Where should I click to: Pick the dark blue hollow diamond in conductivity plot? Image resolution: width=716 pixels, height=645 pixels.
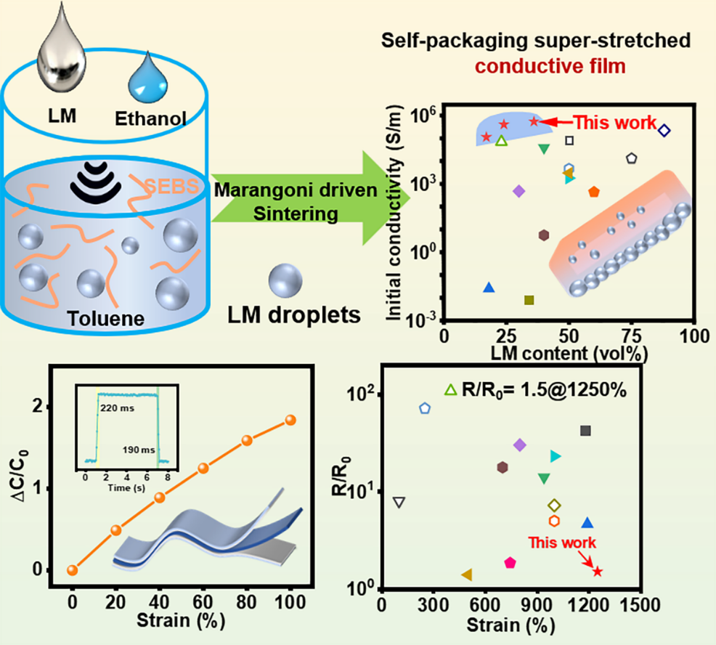(x=664, y=131)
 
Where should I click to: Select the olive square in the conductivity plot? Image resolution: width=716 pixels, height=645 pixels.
(x=529, y=300)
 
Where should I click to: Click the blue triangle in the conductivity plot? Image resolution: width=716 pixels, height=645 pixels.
(x=489, y=288)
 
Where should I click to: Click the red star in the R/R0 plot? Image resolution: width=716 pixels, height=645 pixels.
(x=598, y=572)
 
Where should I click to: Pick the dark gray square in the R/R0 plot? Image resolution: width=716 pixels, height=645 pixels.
(x=585, y=431)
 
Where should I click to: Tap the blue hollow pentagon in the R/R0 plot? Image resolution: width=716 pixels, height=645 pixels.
(x=425, y=408)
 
